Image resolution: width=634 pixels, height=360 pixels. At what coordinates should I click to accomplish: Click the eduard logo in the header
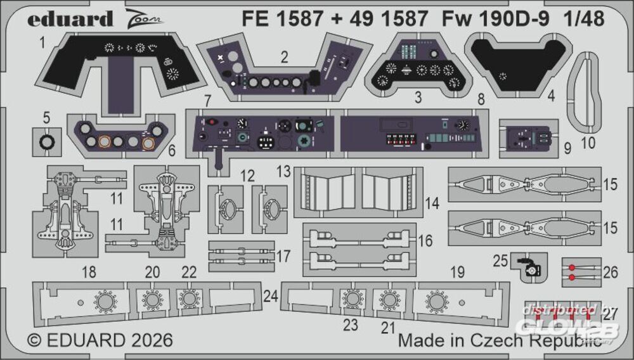[x=70, y=18]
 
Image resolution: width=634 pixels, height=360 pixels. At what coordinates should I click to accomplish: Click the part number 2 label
[x=285, y=58]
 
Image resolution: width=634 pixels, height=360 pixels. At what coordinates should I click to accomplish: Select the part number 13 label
[x=283, y=171]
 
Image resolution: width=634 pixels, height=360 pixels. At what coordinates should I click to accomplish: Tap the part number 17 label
[x=283, y=256]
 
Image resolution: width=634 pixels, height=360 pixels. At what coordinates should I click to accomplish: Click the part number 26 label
[x=610, y=273]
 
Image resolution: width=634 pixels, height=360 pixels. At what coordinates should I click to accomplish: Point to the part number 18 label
[x=89, y=273]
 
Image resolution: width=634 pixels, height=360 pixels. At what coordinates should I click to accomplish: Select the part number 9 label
[x=567, y=148]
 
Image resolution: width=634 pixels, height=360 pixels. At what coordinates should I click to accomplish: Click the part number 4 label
[x=552, y=97]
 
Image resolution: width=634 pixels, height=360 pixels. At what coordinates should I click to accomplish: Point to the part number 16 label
[x=425, y=241]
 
